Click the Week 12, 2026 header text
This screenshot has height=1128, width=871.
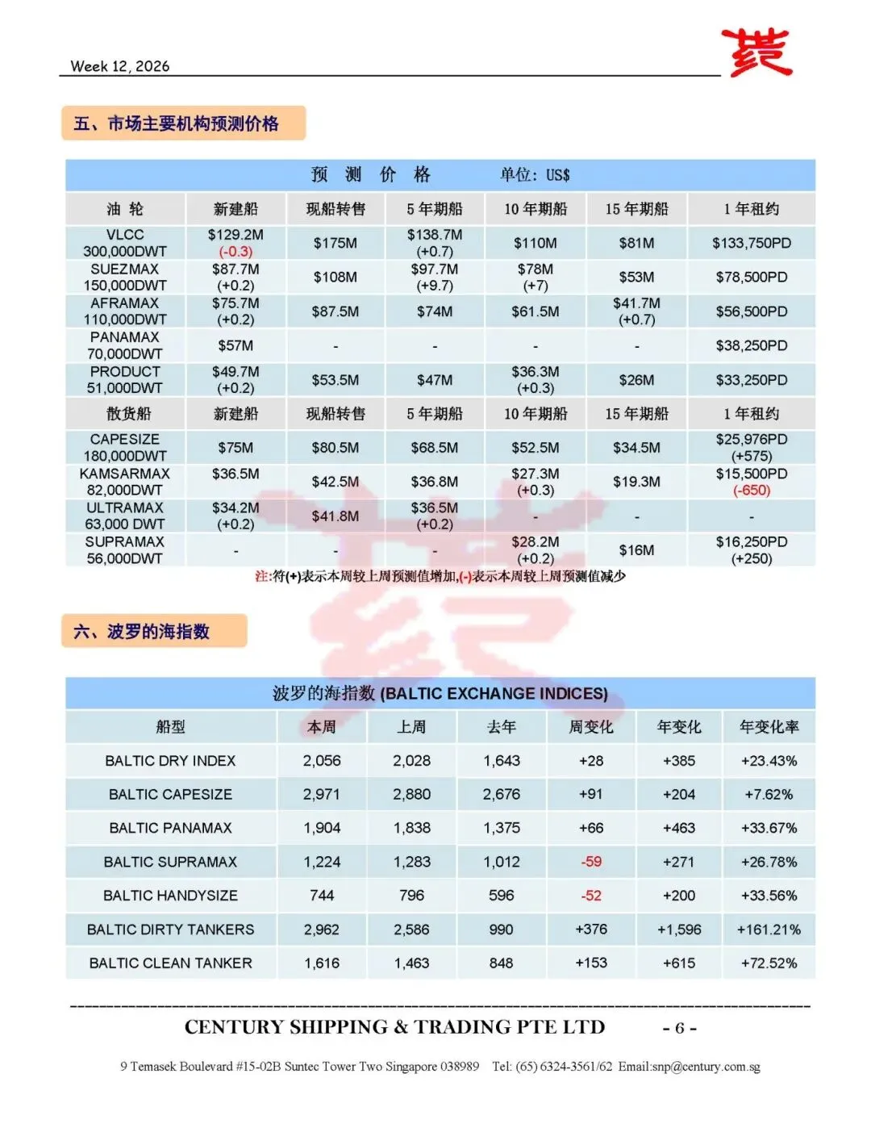pos(120,66)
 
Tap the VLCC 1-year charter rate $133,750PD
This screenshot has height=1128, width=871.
pos(751,243)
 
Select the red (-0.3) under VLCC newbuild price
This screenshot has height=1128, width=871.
pos(235,252)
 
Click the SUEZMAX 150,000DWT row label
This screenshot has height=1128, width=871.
pos(125,277)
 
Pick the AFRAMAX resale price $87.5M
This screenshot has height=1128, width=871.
pos(335,311)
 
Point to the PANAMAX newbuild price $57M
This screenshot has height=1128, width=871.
pos(235,345)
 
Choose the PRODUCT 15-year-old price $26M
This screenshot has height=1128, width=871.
pos(636,380)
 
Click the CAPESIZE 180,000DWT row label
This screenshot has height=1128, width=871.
pos(125,447)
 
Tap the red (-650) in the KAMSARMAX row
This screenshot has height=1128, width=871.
pos(751,491)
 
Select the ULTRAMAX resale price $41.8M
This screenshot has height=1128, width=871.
pos(335,516)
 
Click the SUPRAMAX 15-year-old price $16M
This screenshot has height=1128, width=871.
pos(636,550)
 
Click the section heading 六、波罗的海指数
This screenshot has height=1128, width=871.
pos(142,631)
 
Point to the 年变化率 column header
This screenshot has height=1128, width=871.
pos(769,727)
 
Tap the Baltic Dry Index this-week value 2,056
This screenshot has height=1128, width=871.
pos(322,761)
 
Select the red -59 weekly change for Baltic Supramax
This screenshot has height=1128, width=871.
pos(591,862)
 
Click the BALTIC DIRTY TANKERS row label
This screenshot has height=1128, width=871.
pos(170,930)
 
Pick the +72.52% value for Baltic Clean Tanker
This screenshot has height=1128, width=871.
pos(769,963)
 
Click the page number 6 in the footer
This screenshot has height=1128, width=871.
pos(679,1028)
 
